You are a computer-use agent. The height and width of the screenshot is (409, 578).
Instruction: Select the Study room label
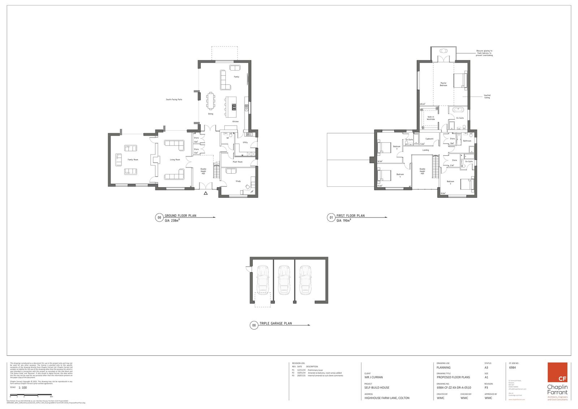238,181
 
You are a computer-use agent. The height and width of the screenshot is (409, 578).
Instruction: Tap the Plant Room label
237,162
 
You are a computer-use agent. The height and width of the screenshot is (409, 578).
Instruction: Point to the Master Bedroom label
443,84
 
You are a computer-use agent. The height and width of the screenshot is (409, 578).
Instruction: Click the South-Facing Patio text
174,99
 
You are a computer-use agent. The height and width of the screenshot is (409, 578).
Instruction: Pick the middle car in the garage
284,279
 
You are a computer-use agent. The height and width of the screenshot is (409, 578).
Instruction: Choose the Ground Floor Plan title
180,216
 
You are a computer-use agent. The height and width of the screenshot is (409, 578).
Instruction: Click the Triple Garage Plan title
275,324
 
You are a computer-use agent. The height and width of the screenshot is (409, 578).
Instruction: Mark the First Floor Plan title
350,216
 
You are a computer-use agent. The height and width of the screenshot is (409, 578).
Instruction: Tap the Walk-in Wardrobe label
431,118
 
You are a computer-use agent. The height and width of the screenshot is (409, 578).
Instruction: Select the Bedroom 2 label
450,182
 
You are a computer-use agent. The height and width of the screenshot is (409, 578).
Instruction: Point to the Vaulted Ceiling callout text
487,97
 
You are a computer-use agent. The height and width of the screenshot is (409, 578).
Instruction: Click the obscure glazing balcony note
484,53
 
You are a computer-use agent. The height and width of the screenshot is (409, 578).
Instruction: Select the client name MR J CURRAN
374,377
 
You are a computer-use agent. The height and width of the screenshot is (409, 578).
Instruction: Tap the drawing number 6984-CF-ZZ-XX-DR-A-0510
454,387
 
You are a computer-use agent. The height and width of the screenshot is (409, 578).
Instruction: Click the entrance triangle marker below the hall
206,194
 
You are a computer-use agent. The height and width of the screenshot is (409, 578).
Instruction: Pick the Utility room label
245,142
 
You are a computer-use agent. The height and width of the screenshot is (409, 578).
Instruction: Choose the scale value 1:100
23,388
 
